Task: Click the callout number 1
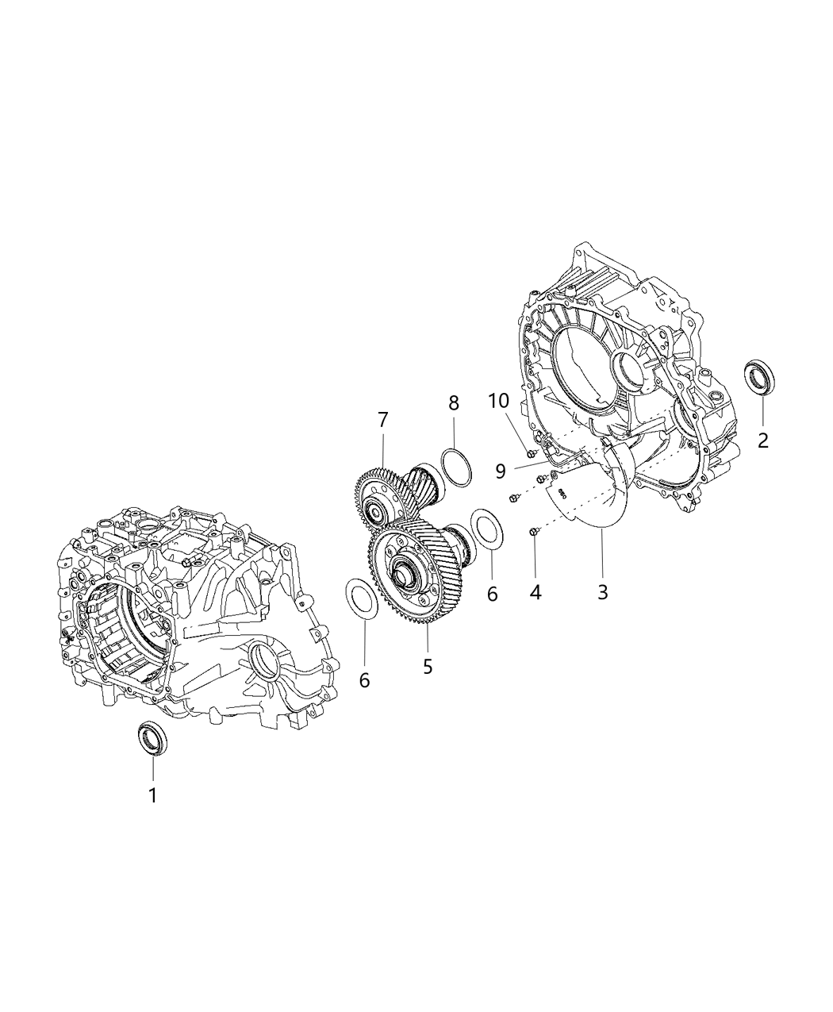pos(153,795)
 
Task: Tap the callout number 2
pos(762,440)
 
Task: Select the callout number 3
pos(602,591)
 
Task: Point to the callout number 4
pos(535,591)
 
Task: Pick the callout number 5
pos(428,667)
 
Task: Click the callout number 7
pos(382,418)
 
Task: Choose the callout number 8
pos(454,402)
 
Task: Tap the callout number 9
pos(500,471)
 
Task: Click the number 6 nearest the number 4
pos(492,594)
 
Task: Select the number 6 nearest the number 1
pos(364,680)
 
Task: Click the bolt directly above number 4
pos(534,532)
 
